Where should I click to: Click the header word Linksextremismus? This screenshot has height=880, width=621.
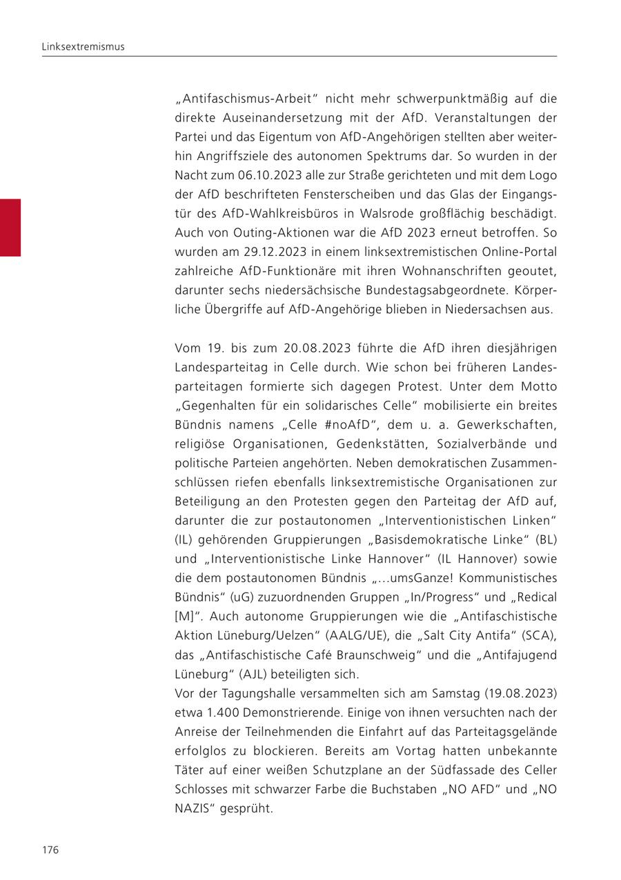coord(83,46)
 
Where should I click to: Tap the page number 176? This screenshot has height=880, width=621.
coord(50,850)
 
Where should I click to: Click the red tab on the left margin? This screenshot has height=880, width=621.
coord(10,228)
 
